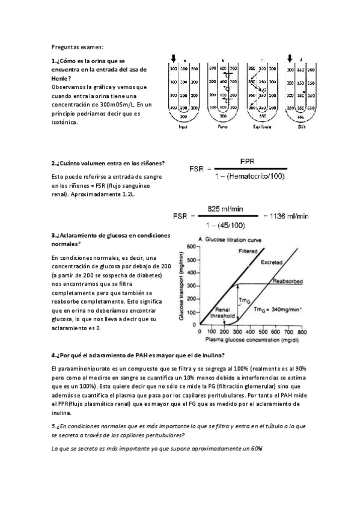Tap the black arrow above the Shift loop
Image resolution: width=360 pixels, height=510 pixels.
(290, 58)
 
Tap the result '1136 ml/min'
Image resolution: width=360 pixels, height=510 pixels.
(288, 215)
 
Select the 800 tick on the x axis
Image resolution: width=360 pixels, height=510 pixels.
(302, 331)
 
